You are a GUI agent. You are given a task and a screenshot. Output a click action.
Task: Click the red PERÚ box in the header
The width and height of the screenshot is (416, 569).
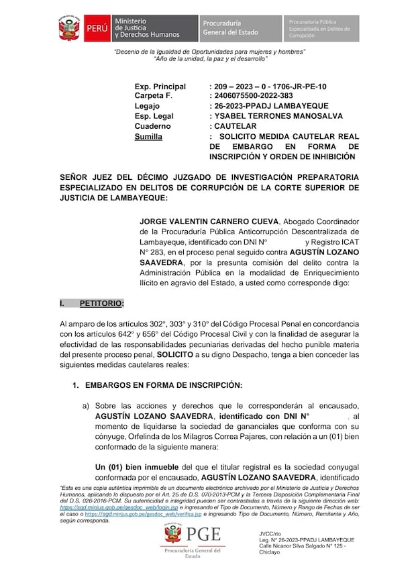pyautogui.click(x=94, y=29)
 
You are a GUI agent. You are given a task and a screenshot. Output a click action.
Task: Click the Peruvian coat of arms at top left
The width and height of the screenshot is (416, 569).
pyautogui.click(x=70, y=29)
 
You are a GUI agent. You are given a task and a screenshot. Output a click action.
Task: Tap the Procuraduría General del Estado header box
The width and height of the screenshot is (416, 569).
pyautogui.click(x=240, y=29)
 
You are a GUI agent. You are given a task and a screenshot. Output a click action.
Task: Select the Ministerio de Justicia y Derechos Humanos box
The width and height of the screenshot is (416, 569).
pyautogui.click(x=154, y=29)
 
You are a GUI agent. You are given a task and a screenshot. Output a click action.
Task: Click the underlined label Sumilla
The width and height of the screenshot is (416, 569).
pyautogui.click(x=148, y=136)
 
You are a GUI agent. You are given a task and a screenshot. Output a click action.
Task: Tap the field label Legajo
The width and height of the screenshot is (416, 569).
pyautogui.click(x=148, y=106)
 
